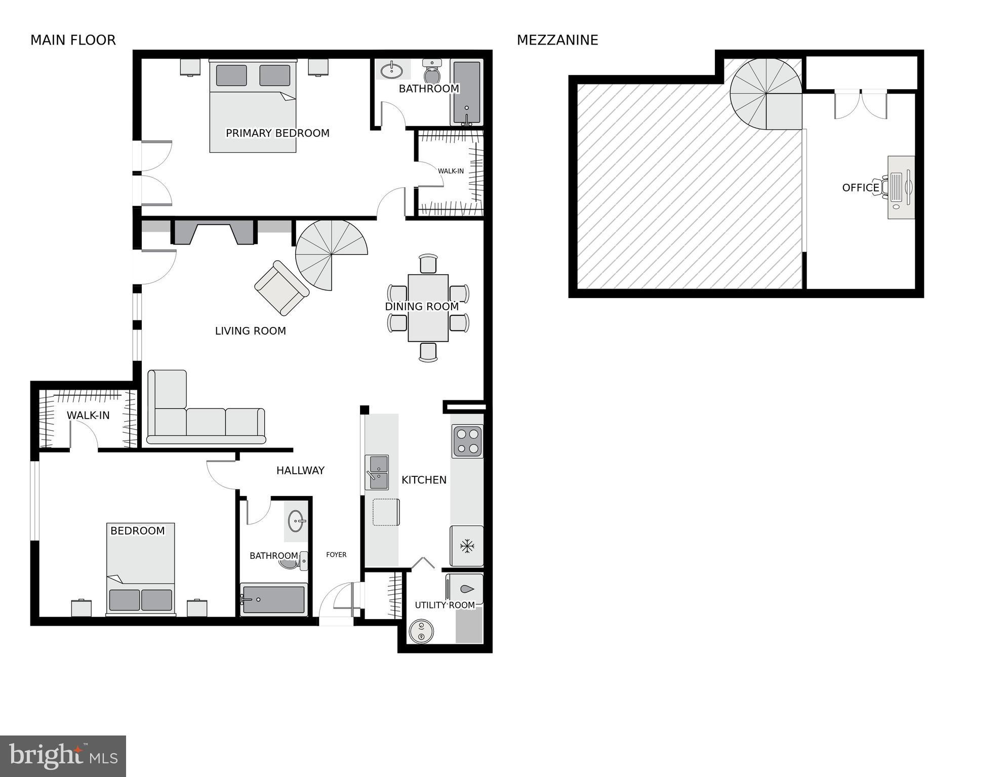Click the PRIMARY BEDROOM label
point(277,133)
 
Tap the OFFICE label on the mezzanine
point(860,188)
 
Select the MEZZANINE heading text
point(557,40)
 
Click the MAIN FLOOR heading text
point(73,40)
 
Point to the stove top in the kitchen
point(467,441)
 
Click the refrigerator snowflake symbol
point(467,546)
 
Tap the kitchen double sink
point(377,472)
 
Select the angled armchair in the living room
point(281,288)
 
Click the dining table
point(428,308)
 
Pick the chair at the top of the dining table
point(428,264)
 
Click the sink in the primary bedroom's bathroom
point(391,70)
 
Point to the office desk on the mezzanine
point(901,187)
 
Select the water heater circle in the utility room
point(421,631)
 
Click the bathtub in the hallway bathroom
point(274,600)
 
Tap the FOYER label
point(336,555)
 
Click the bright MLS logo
point(63,756)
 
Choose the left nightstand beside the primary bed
point(190,67)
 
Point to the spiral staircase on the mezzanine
point(766,94)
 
